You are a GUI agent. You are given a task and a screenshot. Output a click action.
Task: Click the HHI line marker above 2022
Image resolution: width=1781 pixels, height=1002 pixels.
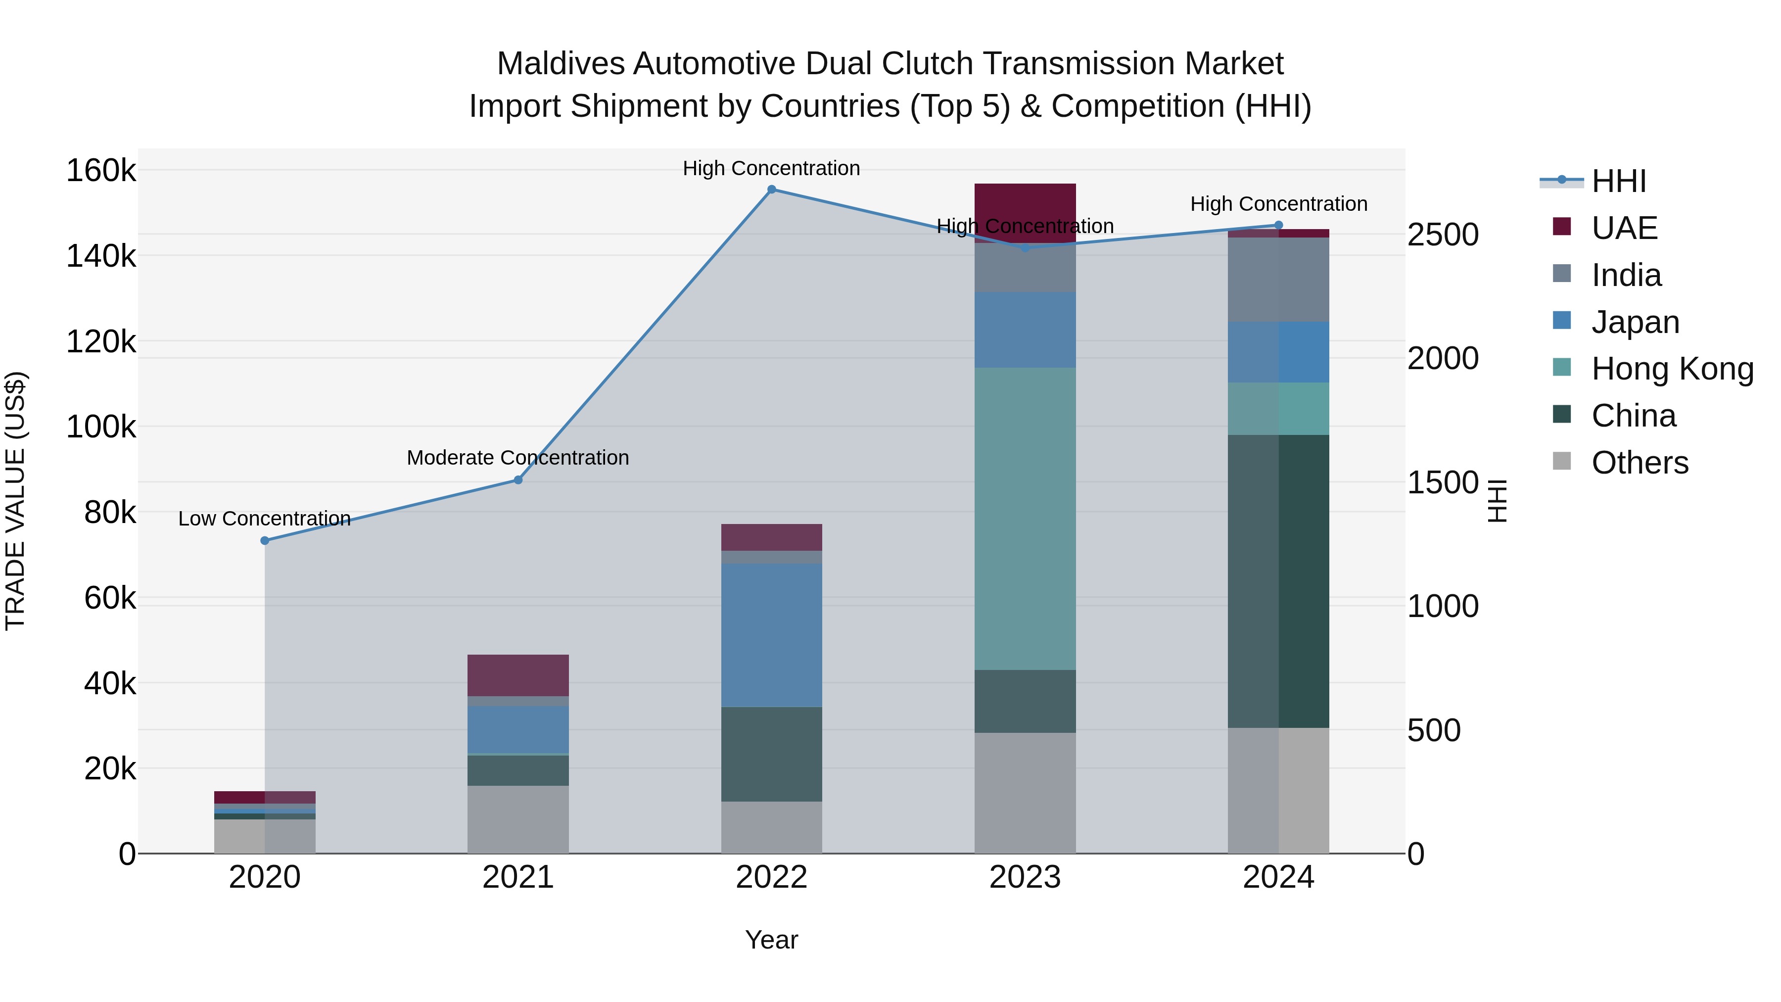772,190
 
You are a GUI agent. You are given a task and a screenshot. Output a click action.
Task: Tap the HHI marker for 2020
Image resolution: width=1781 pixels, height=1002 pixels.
265,541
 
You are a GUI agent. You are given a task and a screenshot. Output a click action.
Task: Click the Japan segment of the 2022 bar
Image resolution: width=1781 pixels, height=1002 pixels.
772,635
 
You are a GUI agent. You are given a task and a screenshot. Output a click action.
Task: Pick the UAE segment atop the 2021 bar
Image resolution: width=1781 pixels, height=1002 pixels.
518,675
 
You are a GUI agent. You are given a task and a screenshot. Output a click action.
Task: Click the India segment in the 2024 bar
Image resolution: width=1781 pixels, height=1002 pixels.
1278,280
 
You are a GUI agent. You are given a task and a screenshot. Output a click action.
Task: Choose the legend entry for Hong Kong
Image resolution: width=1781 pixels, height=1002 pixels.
1672,369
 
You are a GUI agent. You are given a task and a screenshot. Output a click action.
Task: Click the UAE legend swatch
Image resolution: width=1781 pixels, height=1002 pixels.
1562,227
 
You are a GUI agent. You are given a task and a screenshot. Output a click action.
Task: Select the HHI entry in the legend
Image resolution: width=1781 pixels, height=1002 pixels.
1618,181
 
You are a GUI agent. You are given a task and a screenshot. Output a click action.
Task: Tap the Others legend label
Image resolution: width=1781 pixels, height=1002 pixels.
1640,463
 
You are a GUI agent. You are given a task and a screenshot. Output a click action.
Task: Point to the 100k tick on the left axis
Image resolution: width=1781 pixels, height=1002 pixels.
101,427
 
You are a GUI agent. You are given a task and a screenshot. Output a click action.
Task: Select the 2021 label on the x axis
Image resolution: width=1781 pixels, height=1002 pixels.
518,877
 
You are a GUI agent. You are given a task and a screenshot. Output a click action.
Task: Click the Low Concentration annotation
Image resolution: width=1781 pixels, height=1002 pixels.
265,519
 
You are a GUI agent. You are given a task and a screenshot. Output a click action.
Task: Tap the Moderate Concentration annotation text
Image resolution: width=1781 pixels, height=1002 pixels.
518,458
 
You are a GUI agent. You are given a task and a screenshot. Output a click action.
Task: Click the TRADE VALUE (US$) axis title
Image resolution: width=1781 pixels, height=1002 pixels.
15,501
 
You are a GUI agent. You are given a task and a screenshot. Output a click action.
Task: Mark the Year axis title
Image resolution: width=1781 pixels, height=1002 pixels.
772,940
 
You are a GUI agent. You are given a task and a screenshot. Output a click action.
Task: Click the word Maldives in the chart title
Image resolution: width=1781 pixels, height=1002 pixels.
561,64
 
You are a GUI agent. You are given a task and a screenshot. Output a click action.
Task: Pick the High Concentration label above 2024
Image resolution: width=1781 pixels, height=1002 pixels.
1278,204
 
